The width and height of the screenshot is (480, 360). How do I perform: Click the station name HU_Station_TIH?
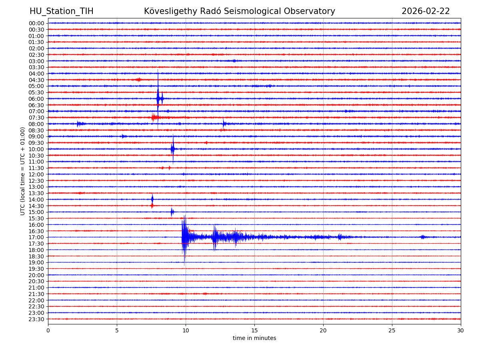(x=61, y=11)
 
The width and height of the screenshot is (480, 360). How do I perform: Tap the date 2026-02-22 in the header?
(x=426, y=11)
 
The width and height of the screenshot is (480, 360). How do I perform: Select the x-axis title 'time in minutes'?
(x=254, y=338)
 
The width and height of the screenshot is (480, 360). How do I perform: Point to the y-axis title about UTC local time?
(x=23, y=171)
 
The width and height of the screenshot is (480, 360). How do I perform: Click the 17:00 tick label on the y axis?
(x=36, y=237)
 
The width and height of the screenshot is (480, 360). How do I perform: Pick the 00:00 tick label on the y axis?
(x=36, y=23)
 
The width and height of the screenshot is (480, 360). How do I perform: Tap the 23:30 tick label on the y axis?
(x=36, y=319)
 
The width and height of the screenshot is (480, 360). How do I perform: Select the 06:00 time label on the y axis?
(x=36, y=99)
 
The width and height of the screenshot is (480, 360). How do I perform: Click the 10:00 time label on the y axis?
(x=36, y=149)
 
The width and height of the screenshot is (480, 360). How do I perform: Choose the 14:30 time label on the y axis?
(x=36, y=206)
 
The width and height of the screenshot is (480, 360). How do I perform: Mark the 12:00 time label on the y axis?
(x=36, y=174)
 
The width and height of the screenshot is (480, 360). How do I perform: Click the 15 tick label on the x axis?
(x=254, y=330)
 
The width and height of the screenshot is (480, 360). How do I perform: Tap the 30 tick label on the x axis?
(x=461, y=330)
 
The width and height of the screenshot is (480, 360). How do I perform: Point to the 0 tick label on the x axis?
(x=48, y=330)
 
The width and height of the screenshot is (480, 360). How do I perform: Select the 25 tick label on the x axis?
(x=392, y=330)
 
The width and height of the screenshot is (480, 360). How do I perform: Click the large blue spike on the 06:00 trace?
(x=158, y=98)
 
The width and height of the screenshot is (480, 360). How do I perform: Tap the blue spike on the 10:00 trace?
(x=173, y=149)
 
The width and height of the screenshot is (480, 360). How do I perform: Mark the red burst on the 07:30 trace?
(x=154, y=117)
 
